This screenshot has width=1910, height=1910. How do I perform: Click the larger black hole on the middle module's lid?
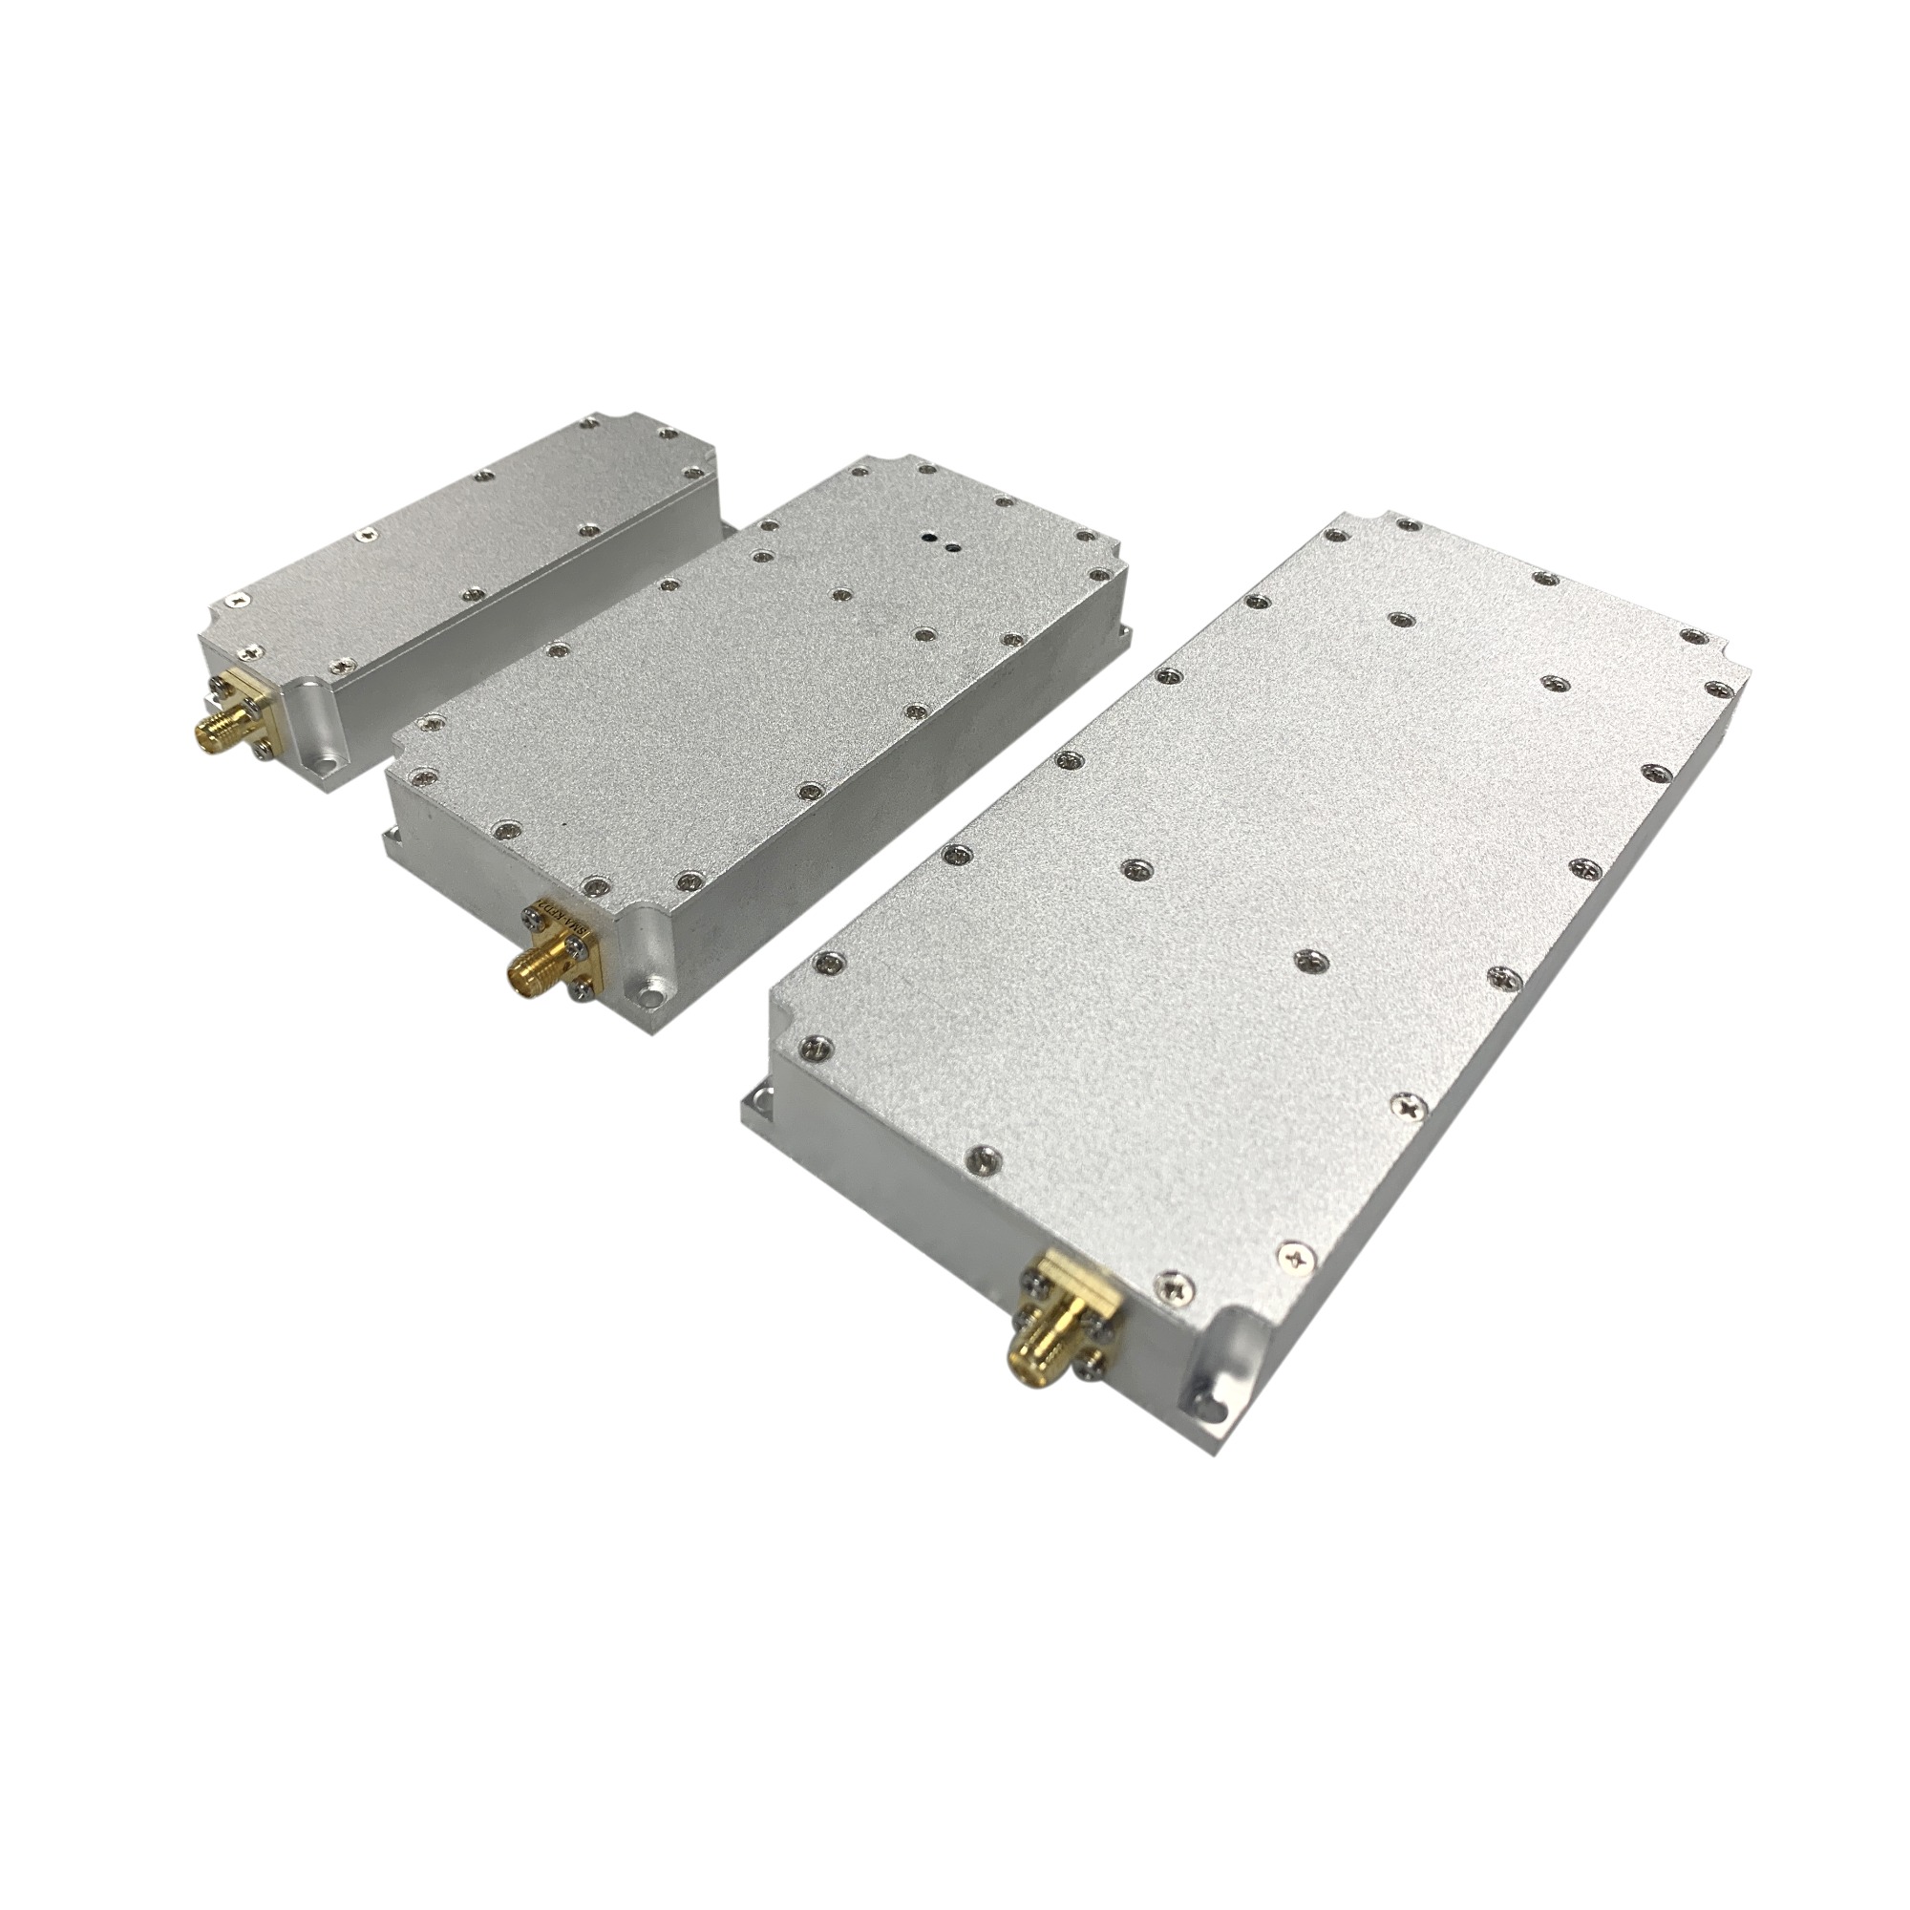[x=929, y=538]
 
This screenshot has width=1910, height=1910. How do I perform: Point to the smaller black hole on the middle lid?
[x=951, y=544]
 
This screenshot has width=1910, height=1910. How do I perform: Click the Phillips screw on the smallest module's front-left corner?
[x=241, y=598]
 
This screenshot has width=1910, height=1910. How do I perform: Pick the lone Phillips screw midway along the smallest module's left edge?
[x=368, y=534]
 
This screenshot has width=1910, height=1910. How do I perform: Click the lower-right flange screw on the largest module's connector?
[x=1092, y=1369]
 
